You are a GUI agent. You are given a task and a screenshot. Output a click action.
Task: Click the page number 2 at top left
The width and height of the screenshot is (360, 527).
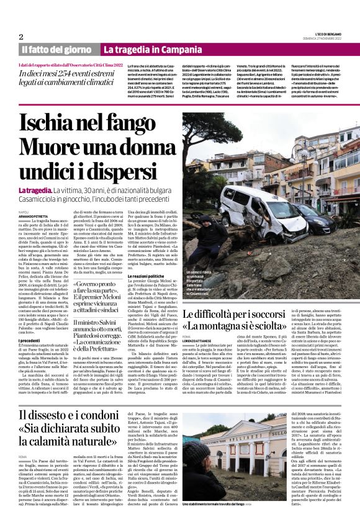21,37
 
